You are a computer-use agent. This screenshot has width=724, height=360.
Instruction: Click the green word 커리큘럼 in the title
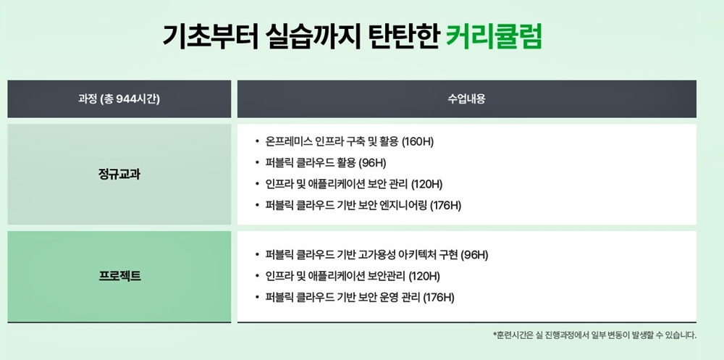494,36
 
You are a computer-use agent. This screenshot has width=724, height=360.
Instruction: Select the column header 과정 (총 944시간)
119,99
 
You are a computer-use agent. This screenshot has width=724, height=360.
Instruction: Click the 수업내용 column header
466,99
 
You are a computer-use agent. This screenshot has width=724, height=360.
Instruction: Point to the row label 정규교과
119,175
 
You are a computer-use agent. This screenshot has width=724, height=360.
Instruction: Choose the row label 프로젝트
119,277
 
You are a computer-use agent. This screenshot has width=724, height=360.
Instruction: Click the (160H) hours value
418,141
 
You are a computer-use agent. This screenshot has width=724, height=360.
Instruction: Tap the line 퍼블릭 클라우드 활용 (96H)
326,163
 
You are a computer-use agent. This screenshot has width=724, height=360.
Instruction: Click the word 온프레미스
290,141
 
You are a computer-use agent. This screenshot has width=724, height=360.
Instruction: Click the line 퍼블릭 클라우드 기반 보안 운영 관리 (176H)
360,298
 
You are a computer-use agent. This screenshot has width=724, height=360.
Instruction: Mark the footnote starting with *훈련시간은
594,335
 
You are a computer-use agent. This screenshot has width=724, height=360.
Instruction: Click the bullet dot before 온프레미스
257,142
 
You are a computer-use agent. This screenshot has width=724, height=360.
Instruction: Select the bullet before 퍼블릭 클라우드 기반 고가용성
257,255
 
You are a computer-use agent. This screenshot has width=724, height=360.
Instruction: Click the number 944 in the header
125,99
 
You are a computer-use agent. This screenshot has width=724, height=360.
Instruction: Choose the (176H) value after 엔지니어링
445,206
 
